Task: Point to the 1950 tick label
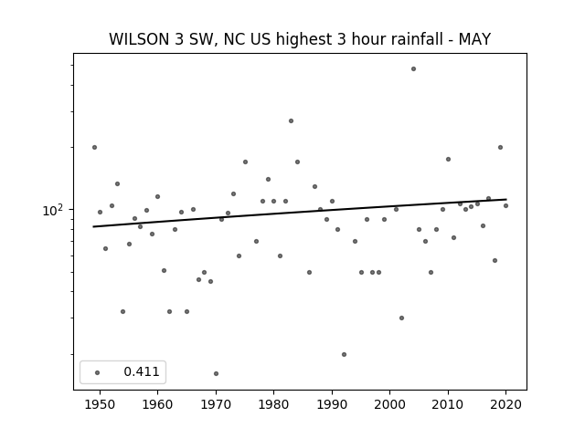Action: click(x=100, y=404)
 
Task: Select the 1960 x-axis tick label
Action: click(x=157, y=404)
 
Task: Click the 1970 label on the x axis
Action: click(x=216, y=404)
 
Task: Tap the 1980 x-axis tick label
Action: click(x=273, y=404)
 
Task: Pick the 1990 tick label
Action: click(x=332, y=404)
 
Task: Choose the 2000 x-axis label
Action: click(x=390, y=404)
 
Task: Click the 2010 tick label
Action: click(x=448, y=404)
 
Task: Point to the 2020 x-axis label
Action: click(x=505, y=404)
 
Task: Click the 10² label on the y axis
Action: click(x=53, y=211)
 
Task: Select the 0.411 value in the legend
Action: click(x=142, y=371)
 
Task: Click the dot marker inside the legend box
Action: click(x=97, y=372)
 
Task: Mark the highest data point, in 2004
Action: click(x=413, y=69)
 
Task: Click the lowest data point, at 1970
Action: click(x=216, y=373)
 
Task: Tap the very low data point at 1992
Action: click(x=344, y=355)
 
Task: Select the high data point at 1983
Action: click(x=291, y=121)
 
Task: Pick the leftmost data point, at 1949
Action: click(x=94, y=148)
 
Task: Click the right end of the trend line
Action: click(x=506, y=199)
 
